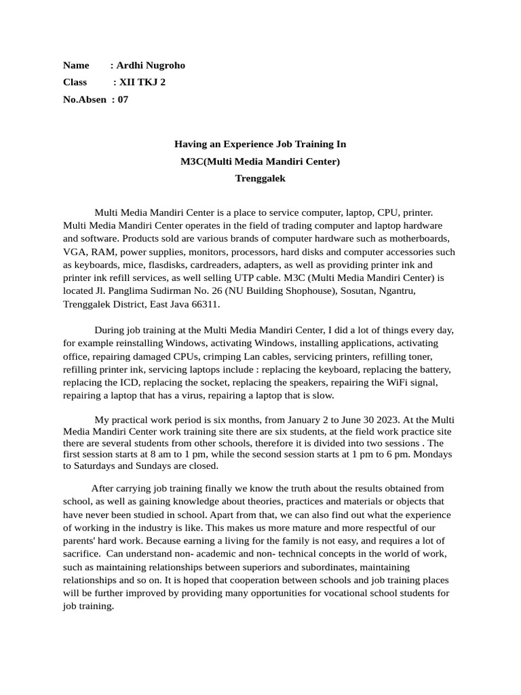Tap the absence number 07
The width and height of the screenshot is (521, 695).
tap(123, 99)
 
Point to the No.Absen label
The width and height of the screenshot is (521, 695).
tap(85, 99)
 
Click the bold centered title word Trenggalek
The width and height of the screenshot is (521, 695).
tap(260, 179)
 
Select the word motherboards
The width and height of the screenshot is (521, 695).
tap(419, 239)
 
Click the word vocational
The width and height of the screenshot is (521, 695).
tap(317, 593)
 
